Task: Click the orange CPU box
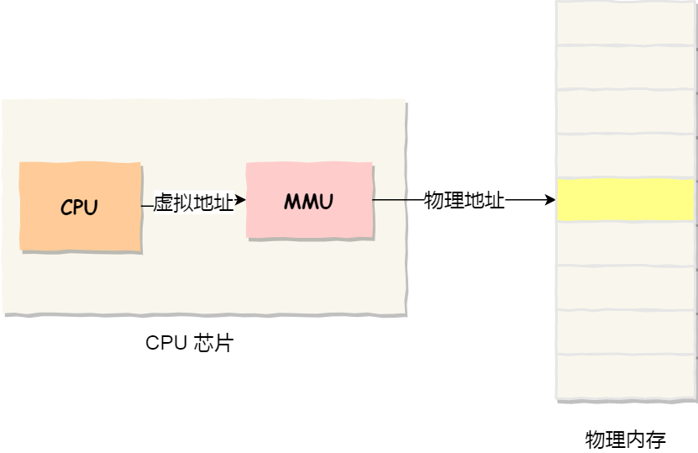(x=80, y=206)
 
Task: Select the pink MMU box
(x=309, y=201)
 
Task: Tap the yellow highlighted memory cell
(x=626, y=200)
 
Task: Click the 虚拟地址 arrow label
(x=193, y=202)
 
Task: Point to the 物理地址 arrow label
(x=464, y=201)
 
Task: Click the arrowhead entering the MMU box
(x=241, y=201)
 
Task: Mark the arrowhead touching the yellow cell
(x=550, y=201)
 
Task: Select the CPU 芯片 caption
(x=189, y=343)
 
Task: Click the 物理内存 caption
(x=625, y=439)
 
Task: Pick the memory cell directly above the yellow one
(x=626, y=156)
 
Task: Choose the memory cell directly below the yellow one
(x=626, y=244)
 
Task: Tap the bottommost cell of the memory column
(x=626, y=377)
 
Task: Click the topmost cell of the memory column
(x=626, y=24)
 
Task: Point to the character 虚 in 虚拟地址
(x=163, y=202)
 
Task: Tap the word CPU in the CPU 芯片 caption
(x=165, y=343)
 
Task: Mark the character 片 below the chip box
(x=223, y=343)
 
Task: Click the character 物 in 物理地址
(x=434, y=201)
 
